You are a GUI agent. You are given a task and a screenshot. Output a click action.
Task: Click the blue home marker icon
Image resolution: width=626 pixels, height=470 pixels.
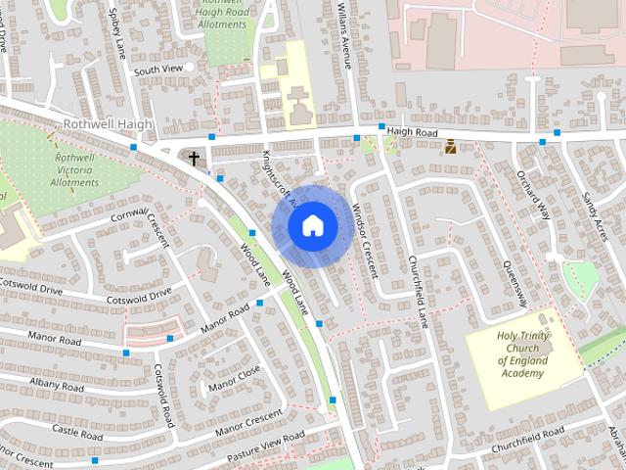pyautogui.click(x=311, y=225)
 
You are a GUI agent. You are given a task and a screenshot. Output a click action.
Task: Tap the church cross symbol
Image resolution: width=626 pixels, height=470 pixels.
pyautogui.click(x=194, y=157)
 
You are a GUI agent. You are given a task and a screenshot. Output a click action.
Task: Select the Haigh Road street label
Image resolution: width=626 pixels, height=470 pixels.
pyautogui.click(x=415, y=130)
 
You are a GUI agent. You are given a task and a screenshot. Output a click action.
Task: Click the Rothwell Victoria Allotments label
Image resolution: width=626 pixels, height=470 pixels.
pyautogui.click(x=74, y=169)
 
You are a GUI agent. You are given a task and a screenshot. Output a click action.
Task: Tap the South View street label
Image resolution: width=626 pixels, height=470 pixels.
pyautogui.click(x=158, y=70)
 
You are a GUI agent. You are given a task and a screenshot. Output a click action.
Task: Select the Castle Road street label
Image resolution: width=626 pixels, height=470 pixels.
pyautogui.click(x=77, y=431)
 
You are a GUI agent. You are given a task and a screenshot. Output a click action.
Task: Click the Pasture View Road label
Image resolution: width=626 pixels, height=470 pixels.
pyautogui.click(x=265, y=447)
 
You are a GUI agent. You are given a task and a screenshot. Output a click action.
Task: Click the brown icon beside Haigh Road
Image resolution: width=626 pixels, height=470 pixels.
pyautogui.click(x=450, y=148)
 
